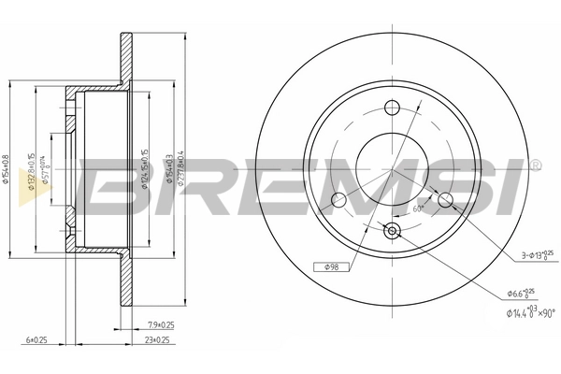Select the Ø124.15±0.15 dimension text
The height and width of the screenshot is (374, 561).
pyautogui.click(x=144, y=168)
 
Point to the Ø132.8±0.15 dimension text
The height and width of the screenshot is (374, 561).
pyautogui.click(x=32, y=169)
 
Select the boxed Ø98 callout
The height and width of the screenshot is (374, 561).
pyautogui.click(x=335, y=268)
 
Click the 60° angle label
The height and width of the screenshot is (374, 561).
pyautogui.click(x=420, y=210)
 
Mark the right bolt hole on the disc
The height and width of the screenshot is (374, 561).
pyautogui.click(x=445, y=199)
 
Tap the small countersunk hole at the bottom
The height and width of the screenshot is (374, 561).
pyautogui.click(x=392, y=230)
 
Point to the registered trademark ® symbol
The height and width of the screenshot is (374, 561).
pyautogui.click(x=535, y=165)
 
